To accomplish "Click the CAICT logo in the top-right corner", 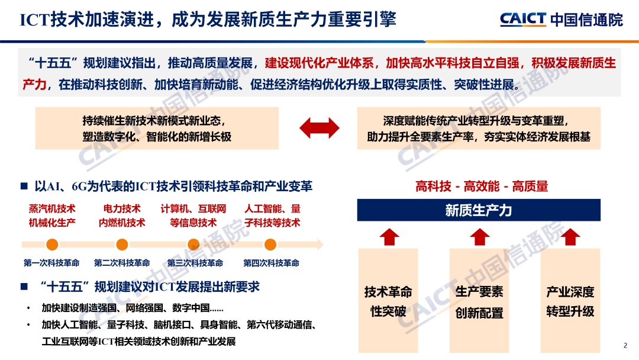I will pyautogui.click(x=561, y=19).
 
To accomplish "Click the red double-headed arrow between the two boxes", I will pyautogui.click(x=319, y=128).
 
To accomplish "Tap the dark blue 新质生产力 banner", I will pyautogui.click(x=478, y=210).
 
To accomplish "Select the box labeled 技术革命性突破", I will pyautogui.click(x=388, y=301).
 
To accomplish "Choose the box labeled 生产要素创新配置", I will pyautogui.click(x=479, y=301).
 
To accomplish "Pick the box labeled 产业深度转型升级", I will pyautogui.click(x=570, y=301).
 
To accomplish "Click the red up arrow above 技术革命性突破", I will pyautogui.click(x=389, y=237).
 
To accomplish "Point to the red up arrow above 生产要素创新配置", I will pyautogui.click(x=479, y=237).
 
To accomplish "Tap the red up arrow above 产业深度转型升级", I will pyautogui.click(x=570, y=237).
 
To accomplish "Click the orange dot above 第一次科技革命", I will pyautogui.click(x=52, y=244).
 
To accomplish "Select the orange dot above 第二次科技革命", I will pyautogui.click(x=122, y=244).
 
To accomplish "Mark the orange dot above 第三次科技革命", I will pyautogui.click(x=193, y=244).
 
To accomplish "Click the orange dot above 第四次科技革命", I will pyautogui.click(x=270, y=244).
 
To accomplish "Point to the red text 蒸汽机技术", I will pyautogui.click(x=52, y=208).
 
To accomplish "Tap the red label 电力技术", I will pyautogui.click(x=122, y=208).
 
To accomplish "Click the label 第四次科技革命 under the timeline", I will pyautogui.click(x=271, y=263).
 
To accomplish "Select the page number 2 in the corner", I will pyautogui.click(x=625, y=346).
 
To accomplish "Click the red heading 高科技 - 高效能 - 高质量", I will pyautogui.click(x=482, y=187).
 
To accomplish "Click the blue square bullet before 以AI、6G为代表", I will pyautogui.click(x=24, y=187).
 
